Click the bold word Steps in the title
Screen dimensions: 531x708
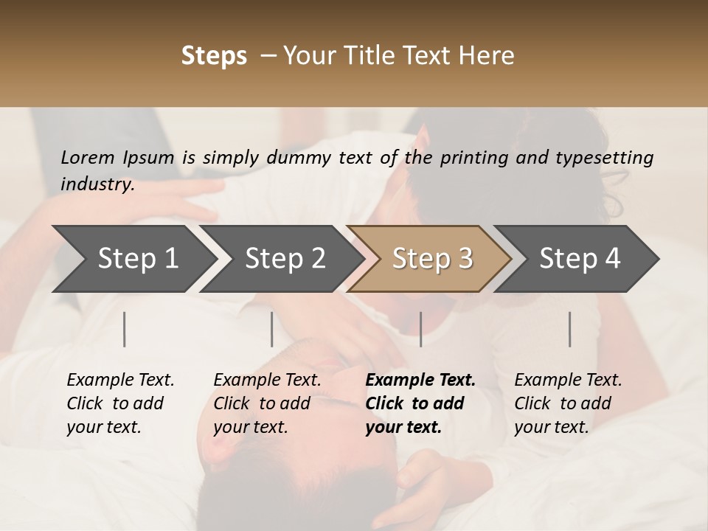[x=214, y=56]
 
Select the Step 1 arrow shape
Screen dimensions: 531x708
[x=133, y=259]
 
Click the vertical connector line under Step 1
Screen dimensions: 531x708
[x=125, y=329]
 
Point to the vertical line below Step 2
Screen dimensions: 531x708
[x=272, y=329]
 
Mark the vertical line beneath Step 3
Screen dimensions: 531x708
[x=421, y=329]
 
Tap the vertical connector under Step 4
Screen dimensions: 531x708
[x=570, y=329]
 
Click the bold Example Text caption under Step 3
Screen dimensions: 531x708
[x=420, y=403]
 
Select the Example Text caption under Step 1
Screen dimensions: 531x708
[x=120, y=403]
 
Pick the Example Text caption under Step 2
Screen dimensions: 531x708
[x=267, y=403]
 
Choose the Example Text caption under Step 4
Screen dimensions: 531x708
[x=568, y=403]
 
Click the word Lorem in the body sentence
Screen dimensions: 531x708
[x=87, y=158]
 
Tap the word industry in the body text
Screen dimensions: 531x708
[x=97, y=184]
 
